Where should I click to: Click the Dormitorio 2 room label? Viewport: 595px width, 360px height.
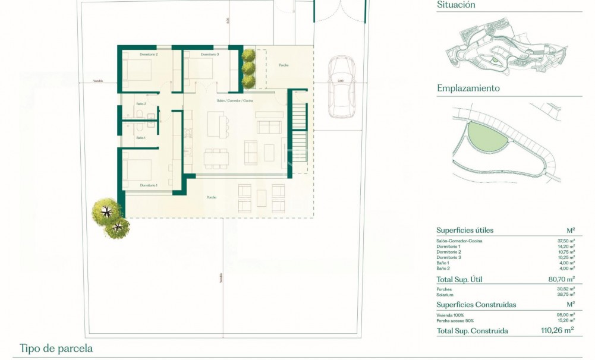click(x=149, y=55)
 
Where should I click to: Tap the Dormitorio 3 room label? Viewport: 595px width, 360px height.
click(x=210, y=55)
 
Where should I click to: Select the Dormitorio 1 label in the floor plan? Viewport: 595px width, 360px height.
click(x=149, y=185)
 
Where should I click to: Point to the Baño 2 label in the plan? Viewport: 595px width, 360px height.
click(x=141, y=104)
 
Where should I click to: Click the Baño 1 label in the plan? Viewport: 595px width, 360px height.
click(x=140, y=138)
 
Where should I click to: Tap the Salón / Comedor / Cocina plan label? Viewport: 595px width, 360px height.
click(x=235, y=101)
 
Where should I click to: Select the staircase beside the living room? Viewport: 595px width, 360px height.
click(x=298, y=134)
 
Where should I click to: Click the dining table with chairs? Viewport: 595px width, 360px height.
click(x=216, y=158)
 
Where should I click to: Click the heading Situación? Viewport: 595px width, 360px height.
click(x=456, y=5)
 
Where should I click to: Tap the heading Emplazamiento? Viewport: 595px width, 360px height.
click(x=468, y=89)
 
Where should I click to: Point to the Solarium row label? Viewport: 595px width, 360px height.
click(x=445, y=295)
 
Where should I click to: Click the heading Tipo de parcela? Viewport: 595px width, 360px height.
click(x=56, y=349)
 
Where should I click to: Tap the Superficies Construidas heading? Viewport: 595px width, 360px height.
click(x=476, y=305)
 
